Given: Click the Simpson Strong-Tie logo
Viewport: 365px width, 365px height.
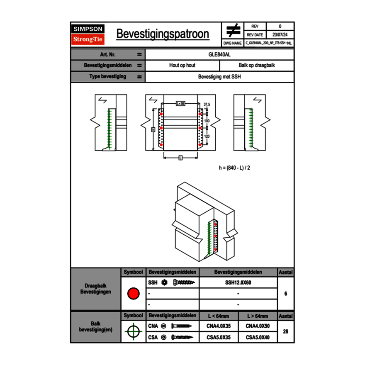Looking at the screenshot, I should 88,34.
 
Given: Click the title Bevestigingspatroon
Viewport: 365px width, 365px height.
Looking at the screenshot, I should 162,34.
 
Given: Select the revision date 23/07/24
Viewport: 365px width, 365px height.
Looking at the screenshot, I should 280,35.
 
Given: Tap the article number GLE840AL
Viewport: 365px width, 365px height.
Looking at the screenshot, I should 219,54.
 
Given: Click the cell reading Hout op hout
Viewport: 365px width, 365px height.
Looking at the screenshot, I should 182,66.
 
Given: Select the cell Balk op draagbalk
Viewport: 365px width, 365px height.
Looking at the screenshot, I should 257,66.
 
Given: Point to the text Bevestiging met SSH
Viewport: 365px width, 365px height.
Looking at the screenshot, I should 219,77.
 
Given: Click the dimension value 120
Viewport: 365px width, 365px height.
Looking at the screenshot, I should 207,136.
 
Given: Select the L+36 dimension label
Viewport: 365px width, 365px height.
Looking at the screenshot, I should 180,103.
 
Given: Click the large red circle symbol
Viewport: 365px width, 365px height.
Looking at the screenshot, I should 133,294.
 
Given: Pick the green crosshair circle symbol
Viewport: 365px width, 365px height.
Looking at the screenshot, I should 133,331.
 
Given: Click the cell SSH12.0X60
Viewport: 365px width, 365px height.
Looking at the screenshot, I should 238,283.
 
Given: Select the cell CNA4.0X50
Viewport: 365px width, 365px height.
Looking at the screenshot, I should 258,326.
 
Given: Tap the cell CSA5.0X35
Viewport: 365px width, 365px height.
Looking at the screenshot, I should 218,337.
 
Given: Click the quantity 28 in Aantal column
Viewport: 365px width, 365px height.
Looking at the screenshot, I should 285,331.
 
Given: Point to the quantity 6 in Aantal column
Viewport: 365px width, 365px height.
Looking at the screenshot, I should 285,294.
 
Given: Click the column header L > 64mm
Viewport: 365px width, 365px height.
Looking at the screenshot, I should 258,316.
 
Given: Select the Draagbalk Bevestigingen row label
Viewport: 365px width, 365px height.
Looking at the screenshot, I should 95,289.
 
